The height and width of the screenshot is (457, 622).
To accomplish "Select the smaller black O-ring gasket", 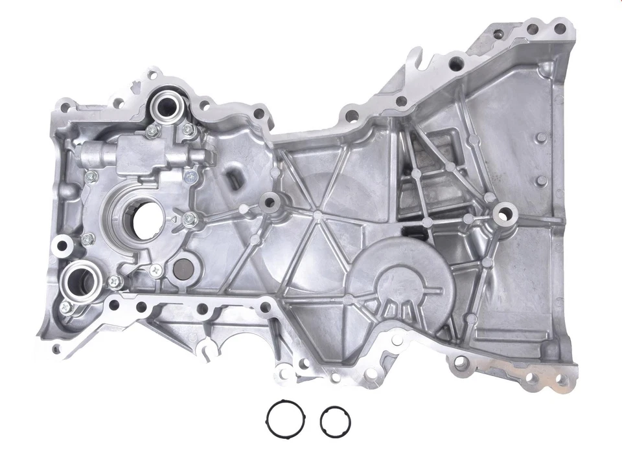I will tap(335, 421).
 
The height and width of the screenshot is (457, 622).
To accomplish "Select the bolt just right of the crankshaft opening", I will tap(189, 219).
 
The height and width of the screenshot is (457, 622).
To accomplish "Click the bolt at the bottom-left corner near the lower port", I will tap(65, 307).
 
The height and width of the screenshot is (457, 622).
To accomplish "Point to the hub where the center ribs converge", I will tap(317, 212).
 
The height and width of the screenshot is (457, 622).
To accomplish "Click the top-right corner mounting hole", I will tap(559, 28).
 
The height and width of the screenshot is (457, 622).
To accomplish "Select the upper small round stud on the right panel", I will tap(540, 137).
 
